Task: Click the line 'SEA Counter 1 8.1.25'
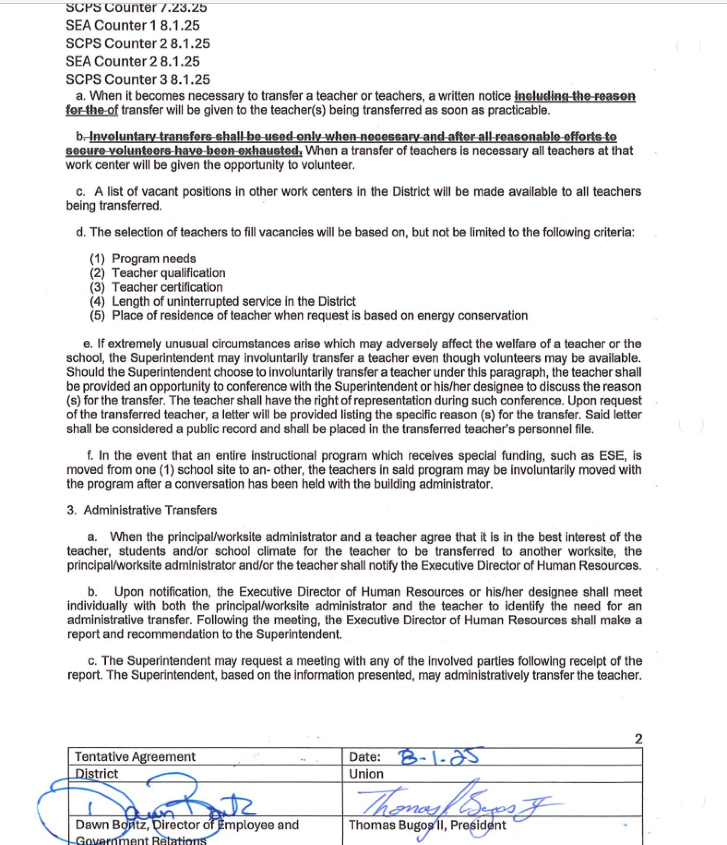click(133, 26)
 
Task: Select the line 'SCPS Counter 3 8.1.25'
click(138, 79)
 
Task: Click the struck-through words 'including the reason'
click(574, 96)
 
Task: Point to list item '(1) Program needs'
click(143, 258)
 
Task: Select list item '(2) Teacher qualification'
click(157, 273)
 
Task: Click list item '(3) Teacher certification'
click(156, 287)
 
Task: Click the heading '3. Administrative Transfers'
click(142, 510)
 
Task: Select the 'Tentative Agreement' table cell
click(135, 757)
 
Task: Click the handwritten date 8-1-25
click(438, 756)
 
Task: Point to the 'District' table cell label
click(96, 774)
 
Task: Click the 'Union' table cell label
click(366, 774)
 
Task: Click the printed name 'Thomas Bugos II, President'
click(427, 825)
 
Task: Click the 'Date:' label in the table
click(365, 757)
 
